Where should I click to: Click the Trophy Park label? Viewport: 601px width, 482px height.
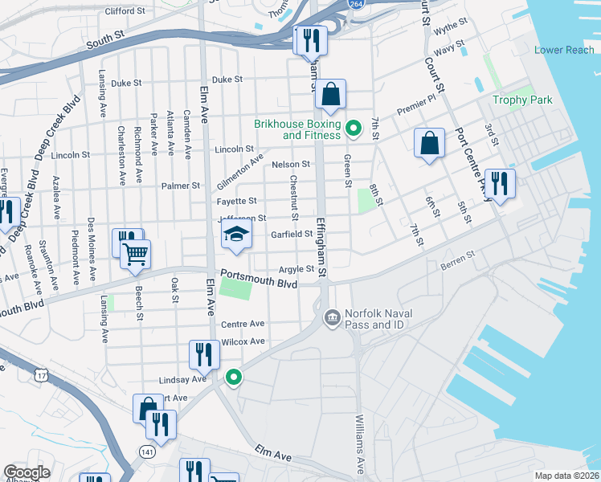tap(522, 100)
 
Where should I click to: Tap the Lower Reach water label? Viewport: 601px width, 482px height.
tap(564, 50)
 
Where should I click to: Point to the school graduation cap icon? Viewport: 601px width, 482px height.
tap(236, 234)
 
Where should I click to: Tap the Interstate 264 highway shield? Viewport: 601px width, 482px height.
tap(353, 4)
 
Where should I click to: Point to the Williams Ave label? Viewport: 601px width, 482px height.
tap(359, 444)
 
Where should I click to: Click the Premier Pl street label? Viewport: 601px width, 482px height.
tap(419, 104)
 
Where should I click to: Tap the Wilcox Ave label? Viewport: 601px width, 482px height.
tap(243, 341)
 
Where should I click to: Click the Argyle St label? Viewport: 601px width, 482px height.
tap(295, 270)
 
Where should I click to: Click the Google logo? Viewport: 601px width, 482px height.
tap(27, 472)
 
